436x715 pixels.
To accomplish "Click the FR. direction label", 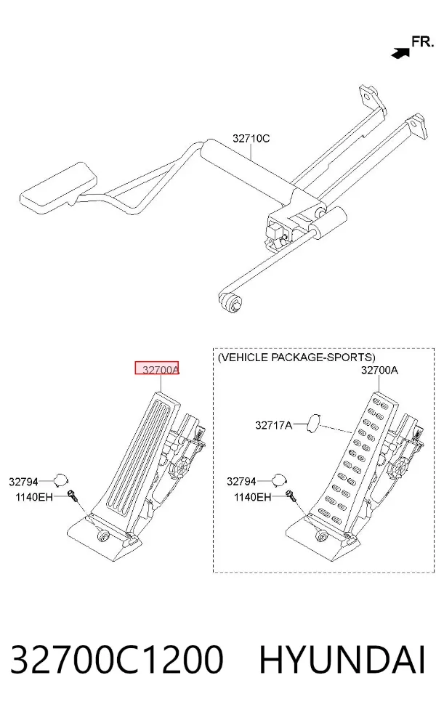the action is (422, 42).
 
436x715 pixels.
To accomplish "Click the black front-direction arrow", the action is (400, 53).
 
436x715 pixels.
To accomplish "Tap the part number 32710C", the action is (251, 138).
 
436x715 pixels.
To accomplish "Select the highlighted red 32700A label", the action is (156, 368).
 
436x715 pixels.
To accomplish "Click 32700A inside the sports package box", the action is (379, 371).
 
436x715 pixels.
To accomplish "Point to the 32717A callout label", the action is (274, 425).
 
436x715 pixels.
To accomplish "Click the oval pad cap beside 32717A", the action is (314, 423).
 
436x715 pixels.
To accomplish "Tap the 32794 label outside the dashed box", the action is (24, 481).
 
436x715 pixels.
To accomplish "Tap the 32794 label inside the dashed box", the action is (242, 481).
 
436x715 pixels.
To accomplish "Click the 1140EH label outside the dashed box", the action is (34, 496).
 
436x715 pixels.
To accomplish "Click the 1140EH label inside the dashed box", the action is (253, 496).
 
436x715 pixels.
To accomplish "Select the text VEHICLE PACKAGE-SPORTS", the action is (297, 357).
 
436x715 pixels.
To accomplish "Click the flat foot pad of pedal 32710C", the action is (58, 187).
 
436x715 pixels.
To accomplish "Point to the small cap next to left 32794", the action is (60, 480).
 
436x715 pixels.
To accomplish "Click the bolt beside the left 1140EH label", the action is (72, 495).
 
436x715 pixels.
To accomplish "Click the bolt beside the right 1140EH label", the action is (291, 495).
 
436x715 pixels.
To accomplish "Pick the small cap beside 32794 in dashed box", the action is (280, 480).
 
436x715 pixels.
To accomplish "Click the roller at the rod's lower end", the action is (232, 302).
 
